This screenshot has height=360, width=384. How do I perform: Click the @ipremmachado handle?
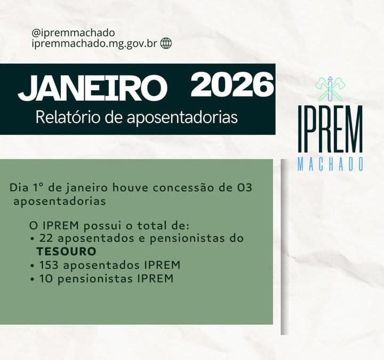pyautogui.click(x=73, y=33)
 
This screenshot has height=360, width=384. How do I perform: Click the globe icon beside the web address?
pyautogui.click(x=166, y=44)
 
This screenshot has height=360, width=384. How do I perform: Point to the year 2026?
pyautogui.click(x=232, y=85)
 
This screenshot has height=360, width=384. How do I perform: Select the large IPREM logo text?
pyautogui.click(x=331, y=131)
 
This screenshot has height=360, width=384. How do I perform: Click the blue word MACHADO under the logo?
pyautogui.click(x=331, y=164)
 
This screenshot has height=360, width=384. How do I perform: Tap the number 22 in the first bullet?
pyautogui.click(x=45, y=238)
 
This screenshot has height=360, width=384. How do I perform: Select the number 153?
pyautogui.click(x=49, y=265)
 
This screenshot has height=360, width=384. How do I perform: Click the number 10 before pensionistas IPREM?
pyautogui.click(x=45, y=278)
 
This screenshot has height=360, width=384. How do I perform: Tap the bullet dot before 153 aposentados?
pyautogui.click(x=34, y=266)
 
